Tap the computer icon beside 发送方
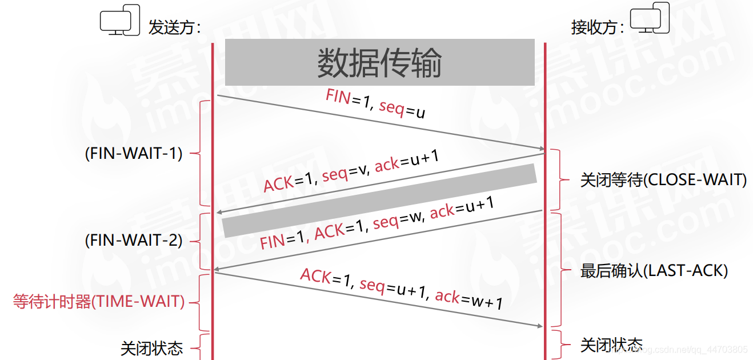(x=119, y=23)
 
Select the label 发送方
(x=174, y=27)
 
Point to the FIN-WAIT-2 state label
(x=134, y=241)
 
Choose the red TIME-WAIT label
(x=99, y=301)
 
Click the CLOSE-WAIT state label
(x=663, y=180)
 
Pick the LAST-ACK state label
(x=654, y=271)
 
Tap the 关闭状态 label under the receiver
(x=611, y=345)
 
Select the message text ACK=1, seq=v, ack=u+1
(x=351, y=172)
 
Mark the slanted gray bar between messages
(x=380, y=200)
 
